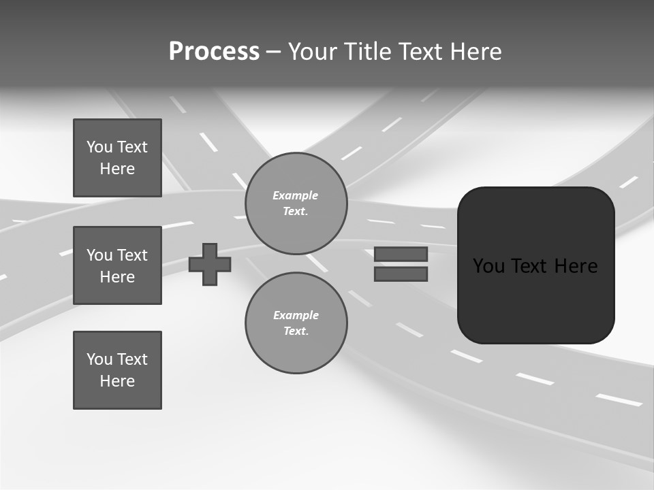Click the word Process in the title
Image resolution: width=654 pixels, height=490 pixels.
click(x=214, y=52)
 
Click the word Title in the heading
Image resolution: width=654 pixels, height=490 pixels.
click(x=368, y=52)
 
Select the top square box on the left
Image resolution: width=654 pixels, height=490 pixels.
click(x=117, y=158)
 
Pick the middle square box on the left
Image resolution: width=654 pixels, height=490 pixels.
click(x=117, y=265)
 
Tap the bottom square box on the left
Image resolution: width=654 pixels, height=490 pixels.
click(x=117, y=370)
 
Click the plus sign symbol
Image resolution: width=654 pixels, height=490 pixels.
click(x=210, y=264)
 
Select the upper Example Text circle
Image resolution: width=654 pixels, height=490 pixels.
click(x=296, y=203)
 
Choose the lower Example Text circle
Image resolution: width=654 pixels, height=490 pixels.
click(x=296, y=323)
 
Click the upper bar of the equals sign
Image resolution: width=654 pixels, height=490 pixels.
click(x=401, y=255)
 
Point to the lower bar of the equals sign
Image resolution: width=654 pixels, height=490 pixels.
click(x=401, y=274)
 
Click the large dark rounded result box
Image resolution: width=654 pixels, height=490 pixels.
click(x=535, y=265)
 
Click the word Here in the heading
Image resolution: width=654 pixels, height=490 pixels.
click(x=477, y=52)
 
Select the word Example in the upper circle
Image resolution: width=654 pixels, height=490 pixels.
click(x=295, y=195)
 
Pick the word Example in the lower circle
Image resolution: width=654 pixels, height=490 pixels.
click(x=296, y=315)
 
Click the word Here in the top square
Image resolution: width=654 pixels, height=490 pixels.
click(x=117, y=169)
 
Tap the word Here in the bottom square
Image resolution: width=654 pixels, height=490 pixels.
click(x=117, y=381)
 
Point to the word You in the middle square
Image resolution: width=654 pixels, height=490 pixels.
click(x=99, y=255)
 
